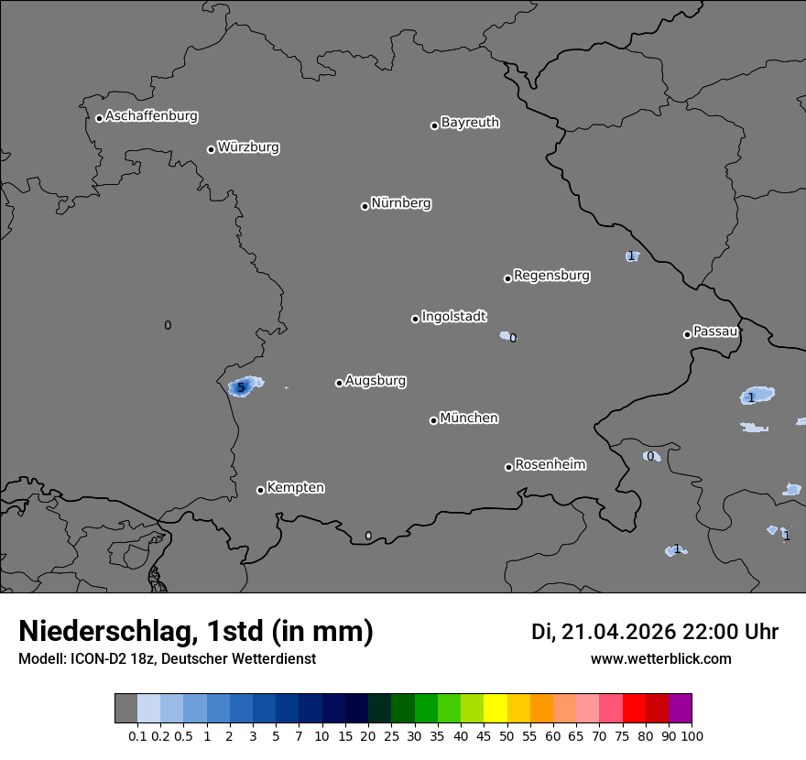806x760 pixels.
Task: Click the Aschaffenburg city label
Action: [151, 116]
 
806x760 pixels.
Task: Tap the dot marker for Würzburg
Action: [211, 149]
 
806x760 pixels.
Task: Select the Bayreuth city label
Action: [470, 122]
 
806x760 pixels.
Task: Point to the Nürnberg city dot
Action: [365, 206]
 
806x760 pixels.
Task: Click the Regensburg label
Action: [551, 275]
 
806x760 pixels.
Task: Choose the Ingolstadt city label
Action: [454, 316]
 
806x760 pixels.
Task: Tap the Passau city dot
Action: [687, 334]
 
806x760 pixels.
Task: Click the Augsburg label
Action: [376, 380]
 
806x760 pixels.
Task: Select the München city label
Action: [469, 418]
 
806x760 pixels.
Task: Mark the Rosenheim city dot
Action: [508, 468]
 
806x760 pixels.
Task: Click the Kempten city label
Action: [295, 487]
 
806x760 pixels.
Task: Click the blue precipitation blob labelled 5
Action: [243, 386]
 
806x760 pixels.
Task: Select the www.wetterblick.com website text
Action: [661, 658]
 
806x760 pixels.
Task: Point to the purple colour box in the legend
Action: [681, 709]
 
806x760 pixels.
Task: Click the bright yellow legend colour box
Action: [496, 709]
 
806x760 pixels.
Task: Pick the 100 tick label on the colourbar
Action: [692, 735]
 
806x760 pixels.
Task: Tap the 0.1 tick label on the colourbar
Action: [137, 735]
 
